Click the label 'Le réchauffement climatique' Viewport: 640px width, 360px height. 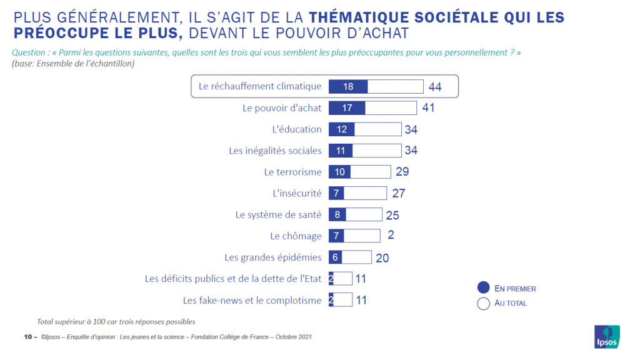click(x=260, y=87)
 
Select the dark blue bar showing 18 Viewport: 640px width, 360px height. click(x=348, y=87)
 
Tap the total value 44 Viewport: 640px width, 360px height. click(x=435, y=87)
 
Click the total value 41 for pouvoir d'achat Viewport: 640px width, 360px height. click(x=428, y=108)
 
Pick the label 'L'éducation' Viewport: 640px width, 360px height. click(x=297, y=129)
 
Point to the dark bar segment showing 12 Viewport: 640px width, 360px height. click(x=341, y=129)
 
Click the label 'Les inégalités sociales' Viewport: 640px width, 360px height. click(x=275, y=151)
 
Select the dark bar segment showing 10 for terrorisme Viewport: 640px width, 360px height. click(x=339, y=172)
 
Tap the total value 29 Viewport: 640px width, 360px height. click(x=402, y=172)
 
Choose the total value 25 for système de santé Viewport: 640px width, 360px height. click(x=392, y=215)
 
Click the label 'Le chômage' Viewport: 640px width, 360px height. click(x=296, y=236)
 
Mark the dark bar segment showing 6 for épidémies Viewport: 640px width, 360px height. click(x=335, y=257)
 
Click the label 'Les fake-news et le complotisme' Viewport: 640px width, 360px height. click(x=252, y=301)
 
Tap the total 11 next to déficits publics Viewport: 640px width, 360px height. click(x=361, y=279)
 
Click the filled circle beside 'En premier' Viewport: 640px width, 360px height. click(x=482, y=288)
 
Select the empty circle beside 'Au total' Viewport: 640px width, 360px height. click(x=482, y=303)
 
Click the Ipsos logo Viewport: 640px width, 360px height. click(x=607, y=337)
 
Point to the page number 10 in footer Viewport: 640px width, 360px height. click(x=27, y=337)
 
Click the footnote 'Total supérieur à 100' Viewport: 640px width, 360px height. click(x=116, y=322)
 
